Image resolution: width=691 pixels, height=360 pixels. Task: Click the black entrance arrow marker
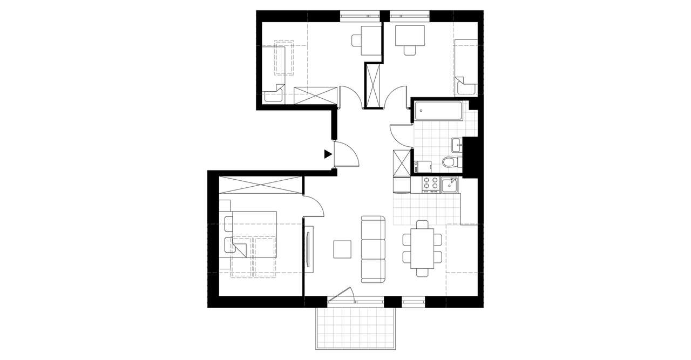(328, 154)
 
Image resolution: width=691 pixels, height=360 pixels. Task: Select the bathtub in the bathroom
(438, 112)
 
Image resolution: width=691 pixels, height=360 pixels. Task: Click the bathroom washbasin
(457, 144)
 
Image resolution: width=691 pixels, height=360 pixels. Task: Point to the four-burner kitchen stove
(430, 185)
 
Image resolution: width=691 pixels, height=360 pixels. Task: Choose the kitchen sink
(450, 185)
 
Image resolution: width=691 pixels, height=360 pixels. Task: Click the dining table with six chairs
(422, 249)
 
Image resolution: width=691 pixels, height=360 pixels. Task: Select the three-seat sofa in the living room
(373, 249)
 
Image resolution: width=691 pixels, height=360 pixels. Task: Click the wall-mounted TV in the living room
(308, 249)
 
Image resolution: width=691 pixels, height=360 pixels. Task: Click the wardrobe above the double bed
(260, 185)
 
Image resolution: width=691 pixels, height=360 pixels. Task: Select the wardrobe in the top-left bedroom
(315, 95)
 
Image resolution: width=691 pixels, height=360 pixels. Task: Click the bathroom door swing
(400, 135)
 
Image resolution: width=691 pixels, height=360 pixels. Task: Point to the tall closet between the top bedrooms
(373, 85)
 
